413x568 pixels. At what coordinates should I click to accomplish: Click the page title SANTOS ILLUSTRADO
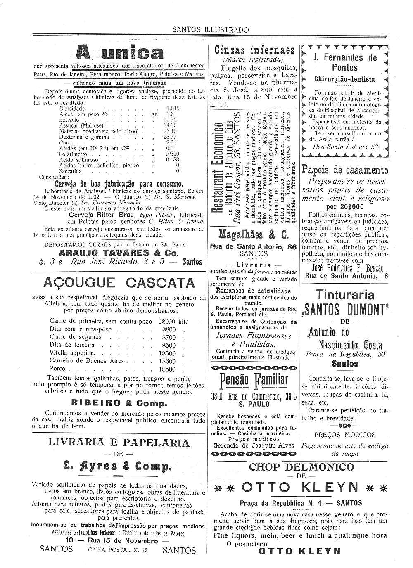(210, 30)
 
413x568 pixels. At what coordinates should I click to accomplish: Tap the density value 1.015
(173, 108)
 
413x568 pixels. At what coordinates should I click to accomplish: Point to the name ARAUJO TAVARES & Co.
(119, 253)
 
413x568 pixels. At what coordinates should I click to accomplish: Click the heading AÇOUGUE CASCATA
(119, 283)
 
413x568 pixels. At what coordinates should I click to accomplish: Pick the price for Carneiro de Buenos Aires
(168, 361)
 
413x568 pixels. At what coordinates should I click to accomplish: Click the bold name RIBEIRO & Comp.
(119, 403)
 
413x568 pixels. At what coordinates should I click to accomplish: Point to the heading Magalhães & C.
(254, 235)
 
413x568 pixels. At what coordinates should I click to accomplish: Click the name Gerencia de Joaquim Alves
(254, 445)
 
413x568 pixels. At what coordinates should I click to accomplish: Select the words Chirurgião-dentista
(344, 79)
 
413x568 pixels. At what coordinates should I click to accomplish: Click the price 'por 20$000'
(345, 207)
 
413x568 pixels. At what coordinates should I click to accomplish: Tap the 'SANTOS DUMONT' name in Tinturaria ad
(344, 309)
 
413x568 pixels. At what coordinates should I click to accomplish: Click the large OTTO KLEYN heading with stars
(301, 487)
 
